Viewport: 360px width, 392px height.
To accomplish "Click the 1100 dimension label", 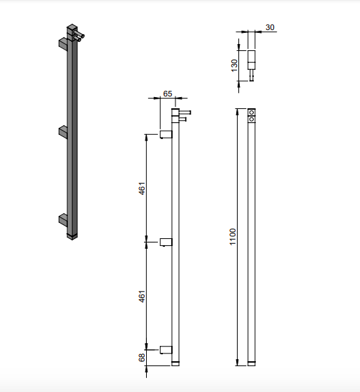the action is point(233,237).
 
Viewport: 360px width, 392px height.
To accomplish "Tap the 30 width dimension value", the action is point(270,27).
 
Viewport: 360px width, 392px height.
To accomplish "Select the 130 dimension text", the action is point(234,66).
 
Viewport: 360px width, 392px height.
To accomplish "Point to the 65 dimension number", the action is point(168,94).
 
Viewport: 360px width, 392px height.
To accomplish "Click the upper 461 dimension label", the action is point(142,189).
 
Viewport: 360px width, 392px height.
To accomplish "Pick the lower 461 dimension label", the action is point(142,296).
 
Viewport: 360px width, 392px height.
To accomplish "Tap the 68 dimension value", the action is point(142,358).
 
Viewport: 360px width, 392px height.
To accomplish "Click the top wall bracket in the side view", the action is point(166,134).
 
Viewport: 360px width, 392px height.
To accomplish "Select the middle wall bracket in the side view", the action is point(166,242).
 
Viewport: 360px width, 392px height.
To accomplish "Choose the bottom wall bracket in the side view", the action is point(166,350).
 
